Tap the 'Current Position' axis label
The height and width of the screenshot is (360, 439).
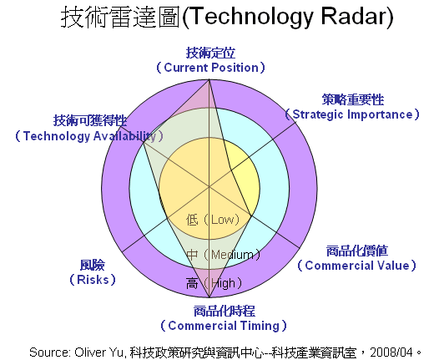pos(210,68)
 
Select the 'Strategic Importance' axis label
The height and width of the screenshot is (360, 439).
pos(352,114)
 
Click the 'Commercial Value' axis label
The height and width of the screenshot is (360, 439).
pos(356,266)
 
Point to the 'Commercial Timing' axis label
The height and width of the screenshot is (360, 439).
pos(224,326)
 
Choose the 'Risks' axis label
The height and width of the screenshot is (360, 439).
pos(93,279)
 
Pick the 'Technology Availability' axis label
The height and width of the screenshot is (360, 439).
pos(89,136)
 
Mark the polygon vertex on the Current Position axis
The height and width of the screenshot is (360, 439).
pos(209,80)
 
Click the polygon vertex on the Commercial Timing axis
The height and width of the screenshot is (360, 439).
pos(209,297)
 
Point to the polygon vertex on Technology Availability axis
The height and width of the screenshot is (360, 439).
pos(144,143)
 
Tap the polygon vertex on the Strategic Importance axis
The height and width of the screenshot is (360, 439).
pos(230,170)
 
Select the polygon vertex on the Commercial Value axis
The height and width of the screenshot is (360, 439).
pos(251,215)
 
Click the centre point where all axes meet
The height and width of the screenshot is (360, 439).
pos(209,186)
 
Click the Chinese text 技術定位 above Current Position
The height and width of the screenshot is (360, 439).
pos(210,53)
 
